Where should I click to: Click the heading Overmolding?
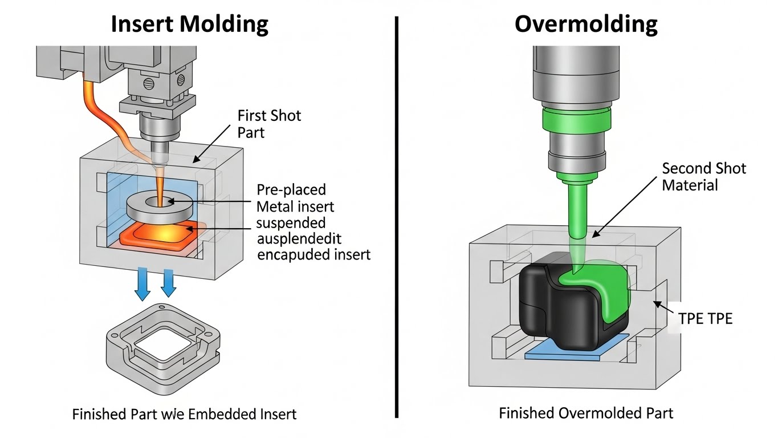[585, 24]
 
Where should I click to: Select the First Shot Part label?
[268, 124]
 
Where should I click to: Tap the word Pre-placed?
[291, 189]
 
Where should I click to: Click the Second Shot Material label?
[703, 176]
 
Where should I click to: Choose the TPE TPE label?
[705, 318]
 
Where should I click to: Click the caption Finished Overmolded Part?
[585, 412]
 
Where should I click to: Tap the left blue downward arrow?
[142, 285]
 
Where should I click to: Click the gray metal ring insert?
[158, 206]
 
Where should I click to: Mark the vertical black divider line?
[396, 217]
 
